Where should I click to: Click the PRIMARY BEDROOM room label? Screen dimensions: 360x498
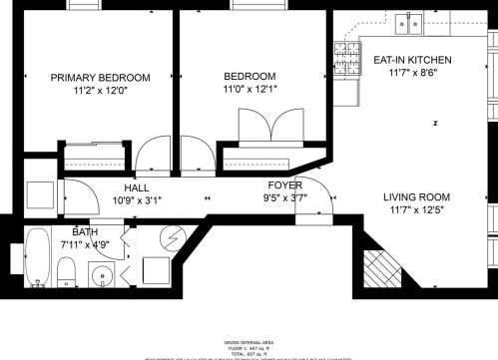(x=100, y=78)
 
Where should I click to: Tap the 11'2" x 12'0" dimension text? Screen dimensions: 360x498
(x=100, y=91)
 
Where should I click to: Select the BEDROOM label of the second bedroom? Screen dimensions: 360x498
(x=249, y=77)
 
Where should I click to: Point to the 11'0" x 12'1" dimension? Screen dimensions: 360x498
(x=249, y=90)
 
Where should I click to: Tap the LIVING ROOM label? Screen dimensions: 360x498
(x=417, y=196)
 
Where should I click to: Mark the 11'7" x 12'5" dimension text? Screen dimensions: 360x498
(x=417, y=210)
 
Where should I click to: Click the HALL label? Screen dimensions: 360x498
(x=138, y=187)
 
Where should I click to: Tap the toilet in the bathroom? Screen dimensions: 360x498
(x=66, y=271)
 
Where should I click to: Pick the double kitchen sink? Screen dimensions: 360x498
(x=410, y=22)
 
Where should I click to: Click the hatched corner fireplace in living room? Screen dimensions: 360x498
(x=380, y=267)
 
